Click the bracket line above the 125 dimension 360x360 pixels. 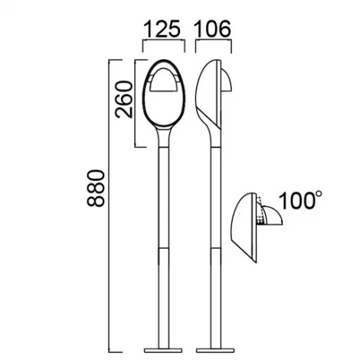[163, 44]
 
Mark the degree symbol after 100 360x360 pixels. [316, 195]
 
